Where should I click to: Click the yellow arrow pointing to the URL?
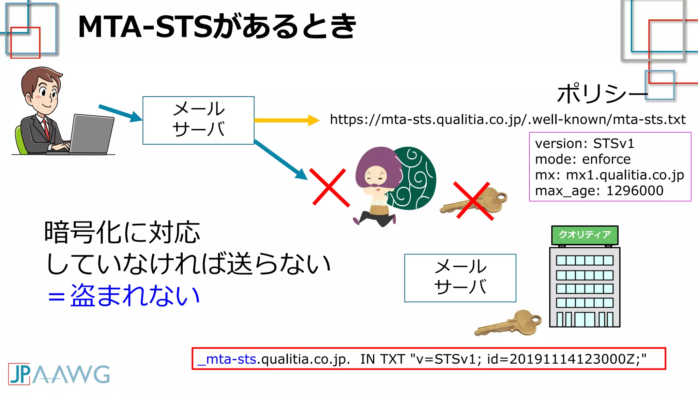(286, 120)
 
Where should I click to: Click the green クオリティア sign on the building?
(585, 235)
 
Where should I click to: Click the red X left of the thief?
(329, 188)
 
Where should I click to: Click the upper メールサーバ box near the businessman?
(198, 120)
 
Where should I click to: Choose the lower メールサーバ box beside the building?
(460, 278)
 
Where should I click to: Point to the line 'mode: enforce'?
(583, 159)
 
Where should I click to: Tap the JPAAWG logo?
(59, 374)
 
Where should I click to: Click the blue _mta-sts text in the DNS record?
(227, 359)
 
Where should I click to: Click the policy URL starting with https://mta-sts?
(507, 120)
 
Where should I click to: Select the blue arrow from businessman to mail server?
(120, 113)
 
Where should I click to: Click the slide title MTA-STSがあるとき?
(217, 27)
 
